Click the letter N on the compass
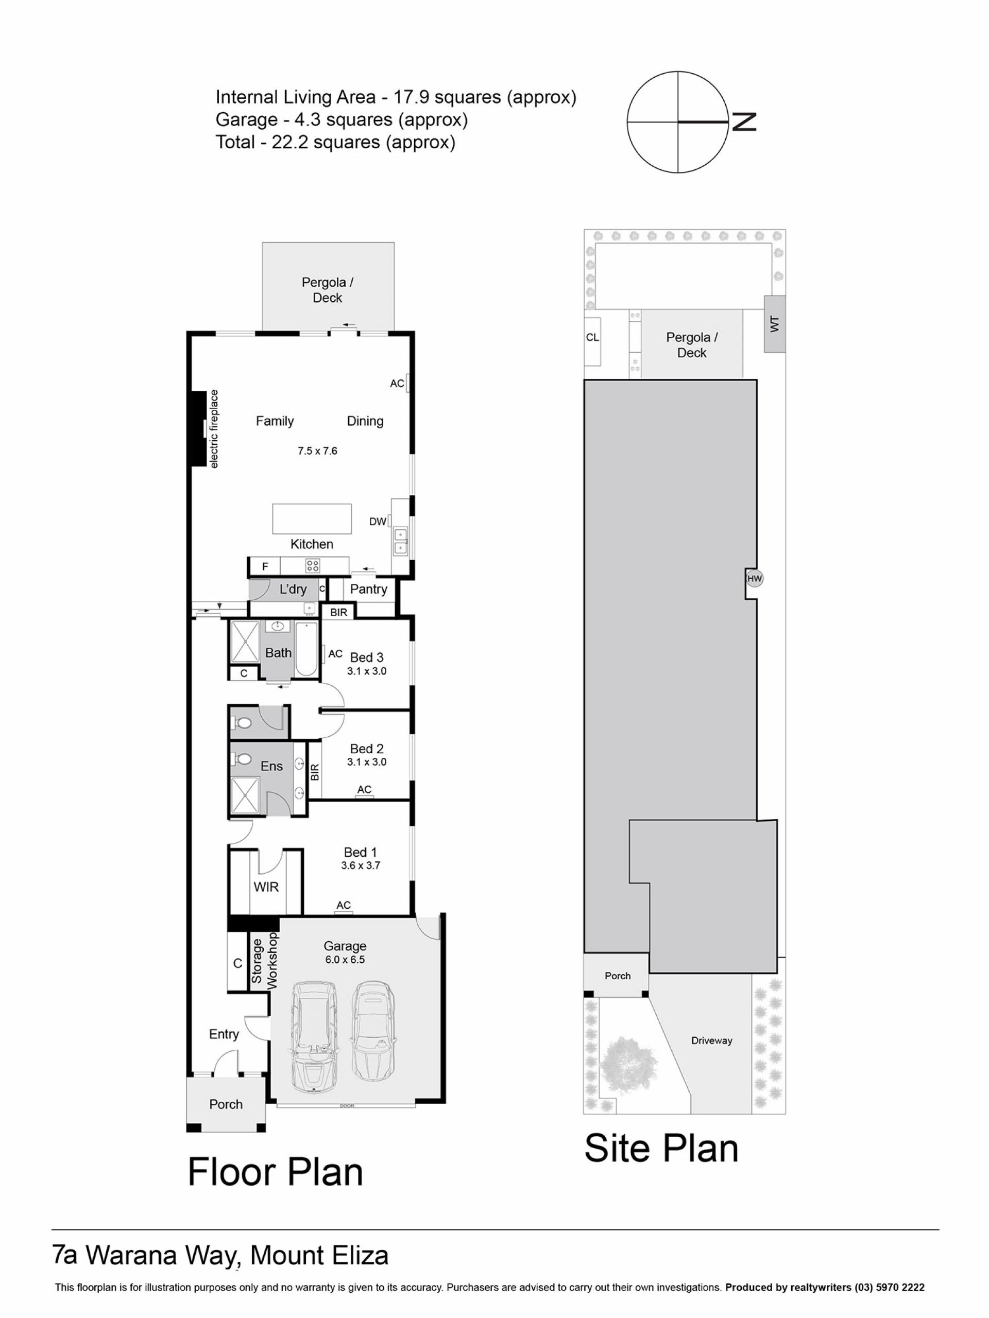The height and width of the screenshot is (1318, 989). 744,122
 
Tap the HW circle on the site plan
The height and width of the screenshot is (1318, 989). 754,578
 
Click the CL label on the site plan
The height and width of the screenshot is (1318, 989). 592,337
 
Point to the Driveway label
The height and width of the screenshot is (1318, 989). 712,1040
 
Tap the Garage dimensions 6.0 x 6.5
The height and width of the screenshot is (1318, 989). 345,959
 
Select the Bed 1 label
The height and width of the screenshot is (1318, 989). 360,852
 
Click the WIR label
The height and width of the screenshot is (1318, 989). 266,887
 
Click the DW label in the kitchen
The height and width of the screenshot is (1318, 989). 378,522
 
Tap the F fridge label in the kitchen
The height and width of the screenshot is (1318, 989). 265,567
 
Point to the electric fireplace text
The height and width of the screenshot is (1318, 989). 214,428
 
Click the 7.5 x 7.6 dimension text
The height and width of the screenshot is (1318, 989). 317,451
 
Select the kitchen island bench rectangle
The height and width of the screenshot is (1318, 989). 312,519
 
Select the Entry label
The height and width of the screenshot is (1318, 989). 224,1034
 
